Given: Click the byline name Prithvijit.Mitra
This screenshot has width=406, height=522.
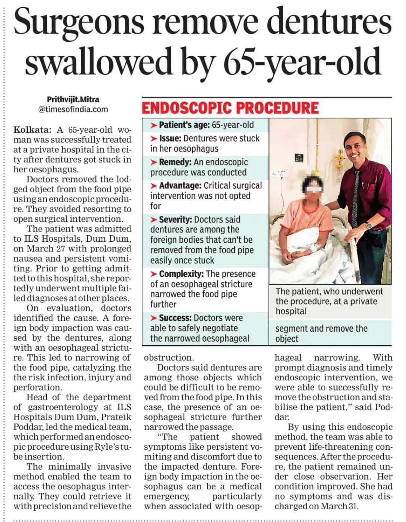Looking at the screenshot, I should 73,99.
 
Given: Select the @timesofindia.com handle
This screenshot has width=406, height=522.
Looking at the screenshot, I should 73,109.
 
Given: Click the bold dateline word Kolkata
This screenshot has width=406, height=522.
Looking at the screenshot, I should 32,130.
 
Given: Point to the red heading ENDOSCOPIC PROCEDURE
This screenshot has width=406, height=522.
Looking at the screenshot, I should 230,108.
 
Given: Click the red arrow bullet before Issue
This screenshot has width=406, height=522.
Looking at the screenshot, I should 154,139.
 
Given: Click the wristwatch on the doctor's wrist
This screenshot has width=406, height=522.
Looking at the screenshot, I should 369,225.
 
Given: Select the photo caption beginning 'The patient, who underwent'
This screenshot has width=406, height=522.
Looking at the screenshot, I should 329,301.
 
